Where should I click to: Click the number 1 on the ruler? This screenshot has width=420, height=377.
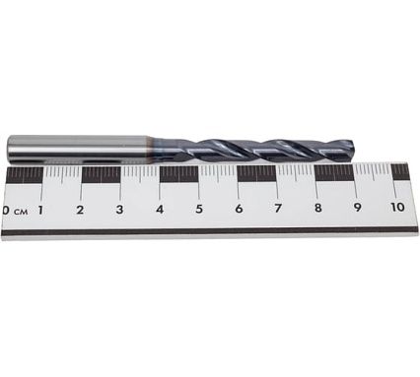tap(40, 210)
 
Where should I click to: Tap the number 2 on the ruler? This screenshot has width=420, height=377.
tap(80, 210)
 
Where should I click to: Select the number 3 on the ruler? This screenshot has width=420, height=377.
tap(119, 210)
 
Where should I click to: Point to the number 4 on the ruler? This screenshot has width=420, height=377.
tap(160, 209)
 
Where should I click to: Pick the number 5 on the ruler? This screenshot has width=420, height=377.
tap(199, 209)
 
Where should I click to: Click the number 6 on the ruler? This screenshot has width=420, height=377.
tap(239, 209)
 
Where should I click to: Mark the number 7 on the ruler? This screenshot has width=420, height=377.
tap(278, 208)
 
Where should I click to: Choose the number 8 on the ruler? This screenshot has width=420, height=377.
tap(317, 208)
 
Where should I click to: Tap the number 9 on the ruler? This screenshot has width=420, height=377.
tap(357, 208)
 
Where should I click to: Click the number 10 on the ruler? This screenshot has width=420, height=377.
tap(397, 207)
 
